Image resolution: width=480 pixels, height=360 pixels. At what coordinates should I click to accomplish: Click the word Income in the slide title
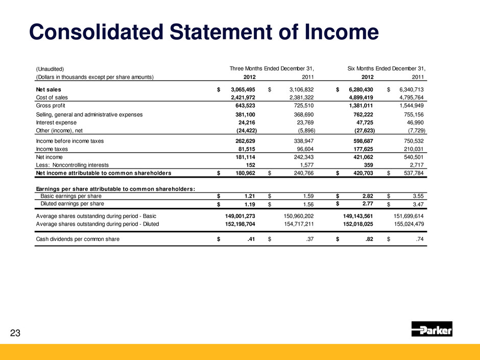pyautogui.click(x=332, y=33)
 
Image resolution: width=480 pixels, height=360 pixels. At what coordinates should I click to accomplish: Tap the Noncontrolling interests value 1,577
pyautogui.click(x=303, y=165)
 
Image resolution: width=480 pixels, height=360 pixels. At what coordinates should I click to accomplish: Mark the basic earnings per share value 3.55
pyautogui.click(x=419, y=196)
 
